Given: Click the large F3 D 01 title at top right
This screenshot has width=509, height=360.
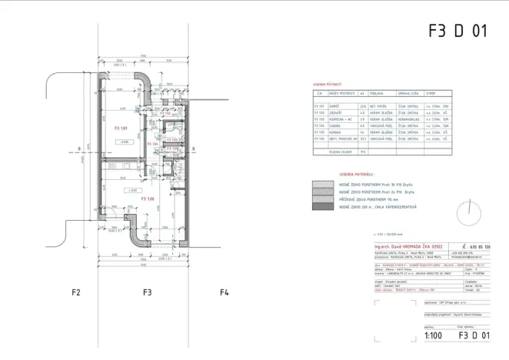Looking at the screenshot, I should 457,32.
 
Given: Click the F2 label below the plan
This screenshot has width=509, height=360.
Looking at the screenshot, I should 76,292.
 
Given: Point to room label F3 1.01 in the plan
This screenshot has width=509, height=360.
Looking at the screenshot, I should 120,128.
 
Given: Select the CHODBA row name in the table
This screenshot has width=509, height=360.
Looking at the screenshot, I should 334,125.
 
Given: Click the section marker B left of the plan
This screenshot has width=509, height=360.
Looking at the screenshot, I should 78,150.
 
